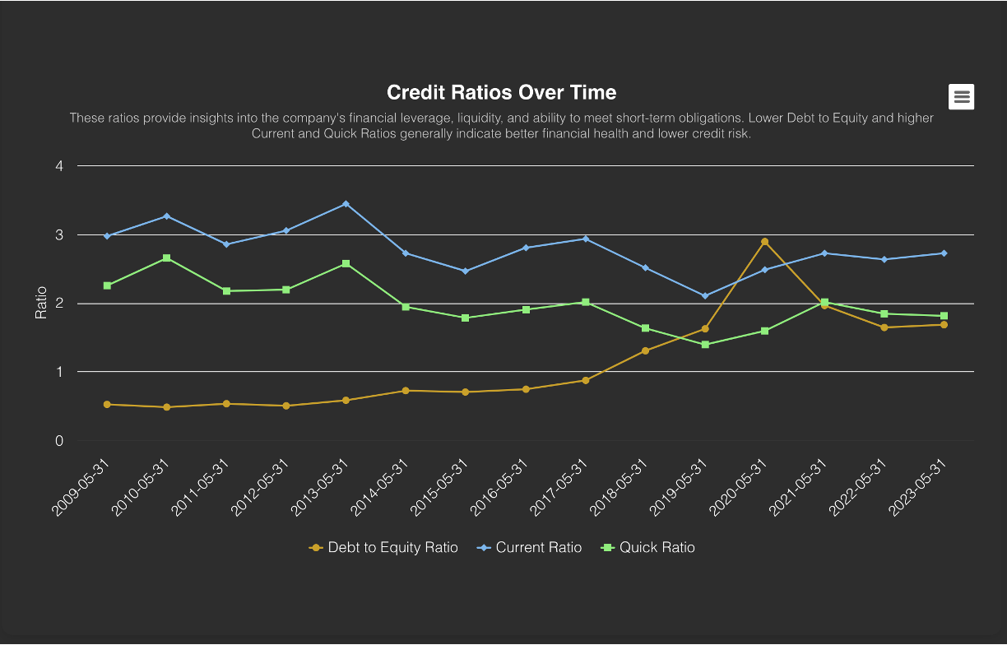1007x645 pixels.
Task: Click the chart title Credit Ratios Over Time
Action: tap(501, 92)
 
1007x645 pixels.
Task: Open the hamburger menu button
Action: tap(961, 96)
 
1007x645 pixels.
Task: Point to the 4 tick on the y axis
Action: tap(58, 166)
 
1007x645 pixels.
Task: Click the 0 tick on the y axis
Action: tap(58, 441)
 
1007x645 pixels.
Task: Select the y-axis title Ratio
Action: tap(41, 304)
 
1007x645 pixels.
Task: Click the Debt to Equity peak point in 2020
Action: tap(764, 242)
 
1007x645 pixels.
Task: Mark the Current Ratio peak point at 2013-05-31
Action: tap(346, 204)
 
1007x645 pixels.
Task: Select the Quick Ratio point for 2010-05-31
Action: tap(166, 258)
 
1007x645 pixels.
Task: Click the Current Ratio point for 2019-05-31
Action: tap(705, 296)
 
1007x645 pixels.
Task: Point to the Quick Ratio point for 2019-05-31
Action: tap(705, 345)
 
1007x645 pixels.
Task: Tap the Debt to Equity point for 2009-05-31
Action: tap(107, 405)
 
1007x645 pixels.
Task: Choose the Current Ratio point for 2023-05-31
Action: tap(944, 253)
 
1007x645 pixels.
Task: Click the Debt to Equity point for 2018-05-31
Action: tap(645, 351)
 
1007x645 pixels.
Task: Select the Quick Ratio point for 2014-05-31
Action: tap(406, 307)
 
